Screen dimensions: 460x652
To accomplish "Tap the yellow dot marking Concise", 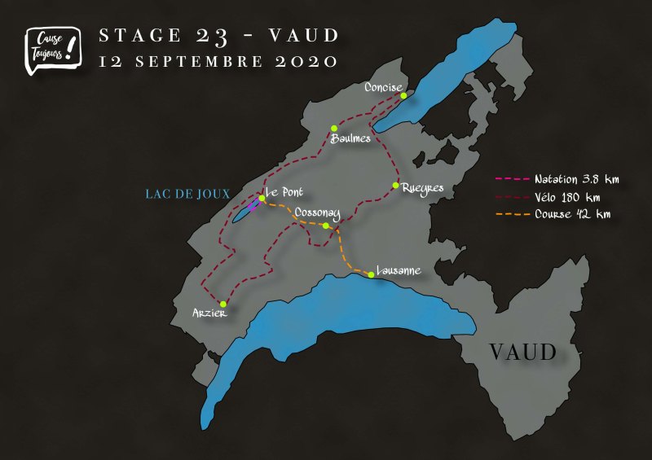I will pos(403,95).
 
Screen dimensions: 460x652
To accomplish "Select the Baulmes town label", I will pos(350,138).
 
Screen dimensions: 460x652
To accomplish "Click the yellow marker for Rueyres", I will pos(395,186).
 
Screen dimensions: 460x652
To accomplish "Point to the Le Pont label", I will pos(284,192).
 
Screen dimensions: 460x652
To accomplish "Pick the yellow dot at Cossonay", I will pos(325,226).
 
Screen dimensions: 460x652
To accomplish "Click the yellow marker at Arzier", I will pos(222,304).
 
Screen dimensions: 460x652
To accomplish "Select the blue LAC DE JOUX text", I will pos(187,194).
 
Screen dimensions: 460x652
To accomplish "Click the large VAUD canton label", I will pos(522,353).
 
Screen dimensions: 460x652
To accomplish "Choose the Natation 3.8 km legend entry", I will pos(571,178).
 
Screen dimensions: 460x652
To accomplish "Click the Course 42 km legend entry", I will pos(572,215).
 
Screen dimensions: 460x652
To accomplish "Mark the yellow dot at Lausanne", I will pos(371,274).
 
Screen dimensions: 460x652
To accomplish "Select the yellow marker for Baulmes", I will pos(334,128).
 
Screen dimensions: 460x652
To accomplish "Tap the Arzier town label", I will pos(209,313).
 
